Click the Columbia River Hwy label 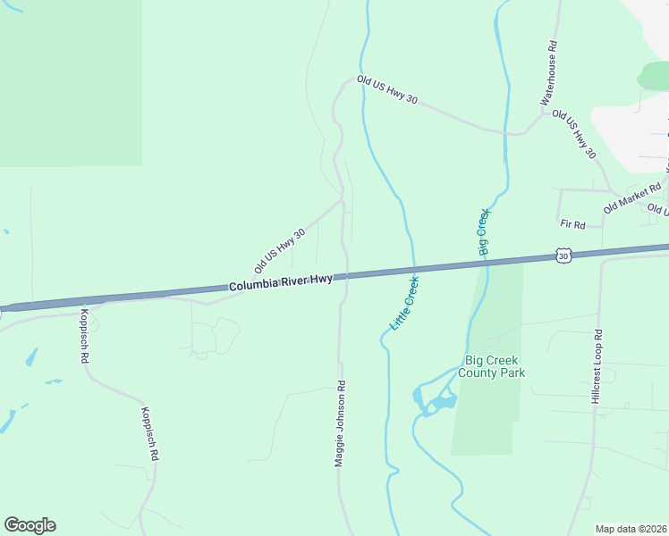tap(281, 283)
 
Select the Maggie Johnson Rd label tap(340, 423)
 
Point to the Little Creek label tap(405, 304)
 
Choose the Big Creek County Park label tap(491, 366)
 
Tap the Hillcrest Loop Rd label tap(597, 366)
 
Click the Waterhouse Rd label tap(549, 73)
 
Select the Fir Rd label tap(572, 224)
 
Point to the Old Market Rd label tap(632, 197)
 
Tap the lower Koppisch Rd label tap(148, 434)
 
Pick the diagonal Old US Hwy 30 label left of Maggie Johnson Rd tap(280, 250)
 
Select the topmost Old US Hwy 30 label tap(387, 90)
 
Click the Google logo tap(30, 525)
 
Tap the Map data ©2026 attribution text tap(631, 529)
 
